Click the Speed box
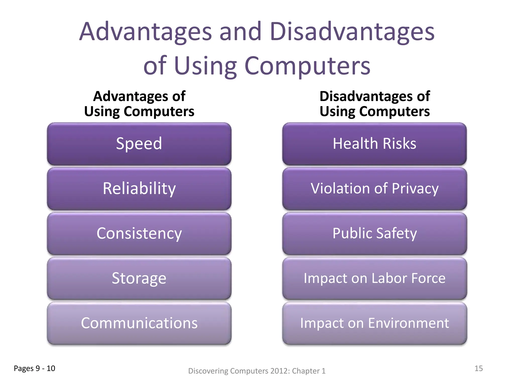click(x=139, y=144)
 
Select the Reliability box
click(x=139, y=189)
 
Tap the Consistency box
click(x=139, y=233)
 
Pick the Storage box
click(x=139, y=278)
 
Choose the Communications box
click(x=139, y=323)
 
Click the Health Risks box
click(x=374, y=144)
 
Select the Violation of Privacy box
click(x=374, y=189)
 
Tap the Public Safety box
click(x=374, y=233)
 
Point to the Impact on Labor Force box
click(x=374, y=278)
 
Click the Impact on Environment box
click(x=374, y=323)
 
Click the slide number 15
click(x=479, y=368)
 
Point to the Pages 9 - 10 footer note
click(x=34, y=368)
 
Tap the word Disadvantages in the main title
click(x=352, y=32)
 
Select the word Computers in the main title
click(x=307, y=66)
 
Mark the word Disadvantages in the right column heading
click(x=366, y=96)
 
